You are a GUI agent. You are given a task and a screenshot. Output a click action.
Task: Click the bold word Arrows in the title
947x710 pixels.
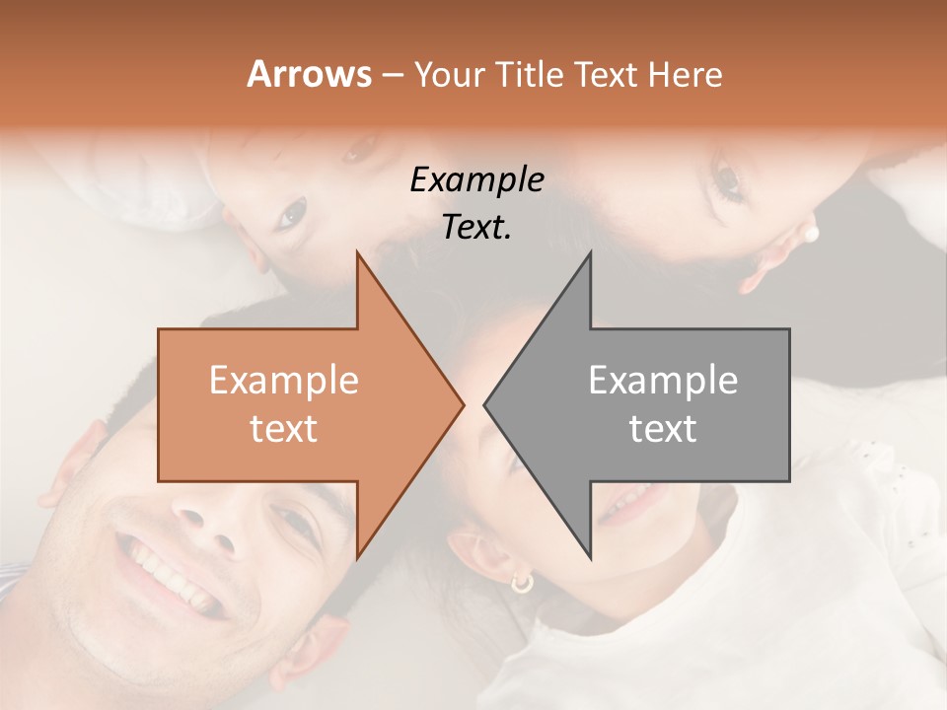[x=309, y=75]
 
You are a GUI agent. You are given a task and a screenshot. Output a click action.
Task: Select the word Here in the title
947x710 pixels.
[x=685, y=75]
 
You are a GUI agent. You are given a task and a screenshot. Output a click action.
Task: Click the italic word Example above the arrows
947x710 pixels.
[x=476, y=179]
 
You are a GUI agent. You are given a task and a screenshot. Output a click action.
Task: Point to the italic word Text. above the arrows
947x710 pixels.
[x=476, y=227]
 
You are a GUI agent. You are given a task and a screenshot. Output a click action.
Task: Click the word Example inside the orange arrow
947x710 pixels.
[x=284, y=381]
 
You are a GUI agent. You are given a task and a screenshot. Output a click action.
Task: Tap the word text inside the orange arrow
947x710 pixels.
[x=284, y=428]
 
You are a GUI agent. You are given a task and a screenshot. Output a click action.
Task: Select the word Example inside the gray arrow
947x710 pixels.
[x=663, y=381]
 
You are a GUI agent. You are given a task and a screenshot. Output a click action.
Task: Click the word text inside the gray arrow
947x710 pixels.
[x=663, y=428]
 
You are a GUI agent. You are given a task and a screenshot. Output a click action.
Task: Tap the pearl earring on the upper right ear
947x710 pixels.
[x=812, y=234]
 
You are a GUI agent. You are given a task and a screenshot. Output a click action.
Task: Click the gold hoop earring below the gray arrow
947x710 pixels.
[x=521, y=582]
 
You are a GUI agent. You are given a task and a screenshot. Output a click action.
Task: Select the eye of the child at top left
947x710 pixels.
[x=292, y=212]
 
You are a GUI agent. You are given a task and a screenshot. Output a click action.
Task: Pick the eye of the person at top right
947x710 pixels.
[x=728, y=179]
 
